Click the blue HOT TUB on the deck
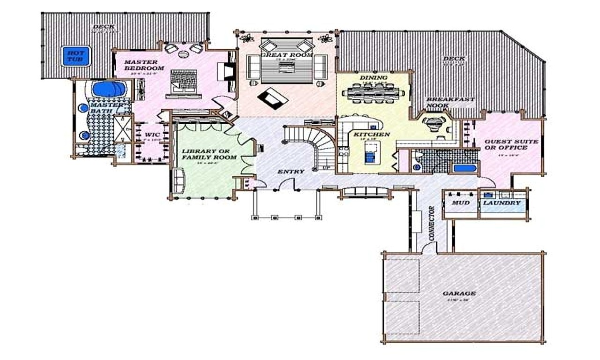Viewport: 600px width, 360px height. click(x=72, y=57)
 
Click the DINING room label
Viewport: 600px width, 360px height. click(x=373, y=77)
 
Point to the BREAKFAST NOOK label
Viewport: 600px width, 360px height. click(x=450, y=103)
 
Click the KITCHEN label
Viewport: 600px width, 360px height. click(x=372, y=135)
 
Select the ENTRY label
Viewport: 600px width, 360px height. click(x=291, y=172)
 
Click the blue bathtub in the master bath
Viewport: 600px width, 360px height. click(x=109, y=89)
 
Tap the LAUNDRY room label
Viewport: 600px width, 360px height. click(x=502, y=203)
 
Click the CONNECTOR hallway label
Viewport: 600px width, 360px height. click(x=431, y=222)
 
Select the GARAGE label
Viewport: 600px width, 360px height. click(x=459, y=293)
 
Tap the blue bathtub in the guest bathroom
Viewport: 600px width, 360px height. click(x=464, y=168)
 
